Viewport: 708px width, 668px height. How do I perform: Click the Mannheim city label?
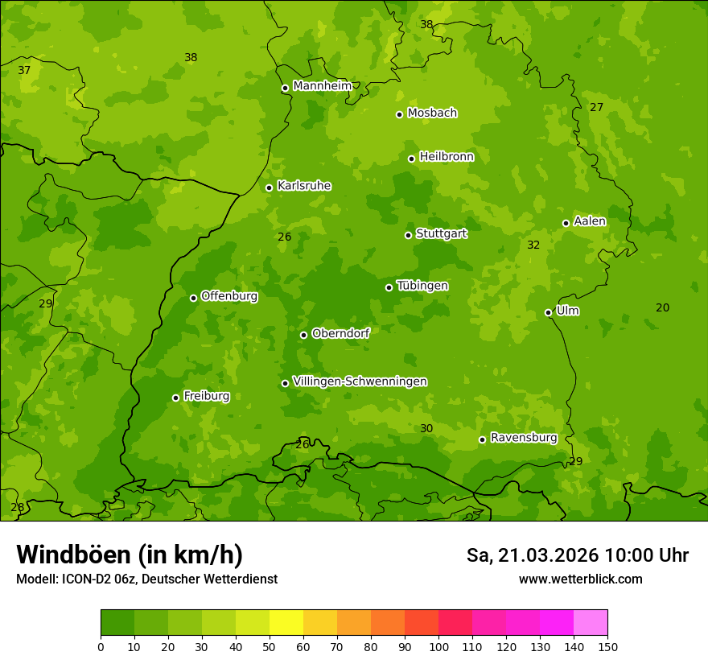pyautogui.click(x=322, y=86)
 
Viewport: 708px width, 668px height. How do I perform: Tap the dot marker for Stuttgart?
pyautogui.click(x=408, y=235)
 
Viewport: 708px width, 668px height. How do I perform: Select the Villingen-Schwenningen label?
pyautogui.click(x=360, y=381)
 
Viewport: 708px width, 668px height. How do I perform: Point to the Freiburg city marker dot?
pyautogui.click(x=175, y=398)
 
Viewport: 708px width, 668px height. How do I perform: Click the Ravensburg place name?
pyautogui.click(x=523, y=438)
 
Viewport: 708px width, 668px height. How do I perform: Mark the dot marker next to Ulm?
pyautogui.click(x=548, y=312)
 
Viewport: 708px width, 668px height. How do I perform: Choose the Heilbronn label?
pyautogui.click(x=447, y=157)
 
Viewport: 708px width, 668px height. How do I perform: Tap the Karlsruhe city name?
pyautogui.click(x=304, y=186)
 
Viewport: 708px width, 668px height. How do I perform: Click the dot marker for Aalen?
pyautogui.click(x=566, y=223)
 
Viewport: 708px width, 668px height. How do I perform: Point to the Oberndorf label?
pyautogui.click(x=340, y=333)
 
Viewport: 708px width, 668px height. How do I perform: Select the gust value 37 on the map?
pyautogui.click(x=24, y=70)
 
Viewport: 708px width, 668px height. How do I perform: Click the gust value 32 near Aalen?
pyautogui.click(x=533, y=245)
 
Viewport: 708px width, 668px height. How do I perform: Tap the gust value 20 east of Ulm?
pyautogui.click(x=662, y=307)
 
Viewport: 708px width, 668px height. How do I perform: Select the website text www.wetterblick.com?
pyautogui.click(x=580, y=579)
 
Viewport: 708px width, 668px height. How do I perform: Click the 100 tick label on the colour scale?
pyautogui.click(x=438, y=646)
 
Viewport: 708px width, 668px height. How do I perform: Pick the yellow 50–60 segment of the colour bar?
pyautogui.click(x=286, y=622)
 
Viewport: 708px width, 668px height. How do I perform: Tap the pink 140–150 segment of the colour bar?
pyautogui.click(x=591, y=622)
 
